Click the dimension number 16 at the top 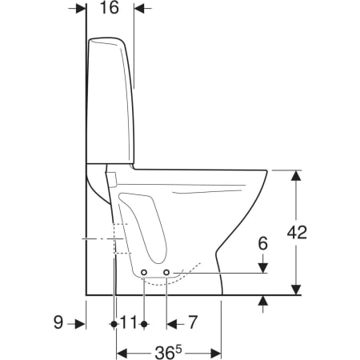[x=110, y=8]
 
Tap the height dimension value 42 [x=297, y=232]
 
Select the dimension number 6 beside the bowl [x=263, y=243]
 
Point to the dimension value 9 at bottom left [x=58, y=322]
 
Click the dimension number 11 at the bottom [x=129, y=322]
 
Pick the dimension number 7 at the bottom [x=193, y=322]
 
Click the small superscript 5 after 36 [x=178, y=350]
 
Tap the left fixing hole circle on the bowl [x=144, y=272]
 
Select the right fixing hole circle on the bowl [x=166, y=272]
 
